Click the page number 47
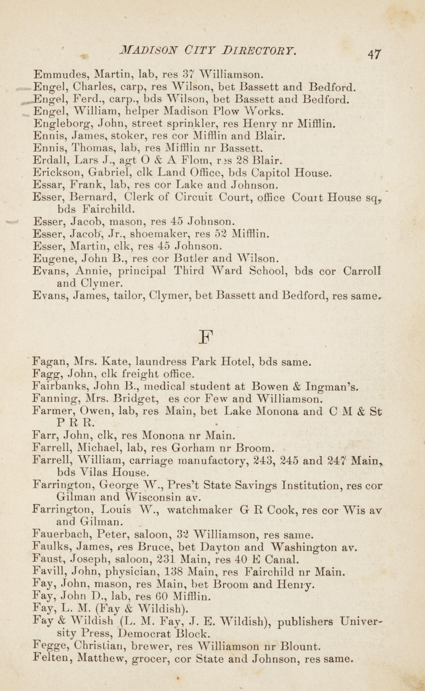[374, 53]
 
